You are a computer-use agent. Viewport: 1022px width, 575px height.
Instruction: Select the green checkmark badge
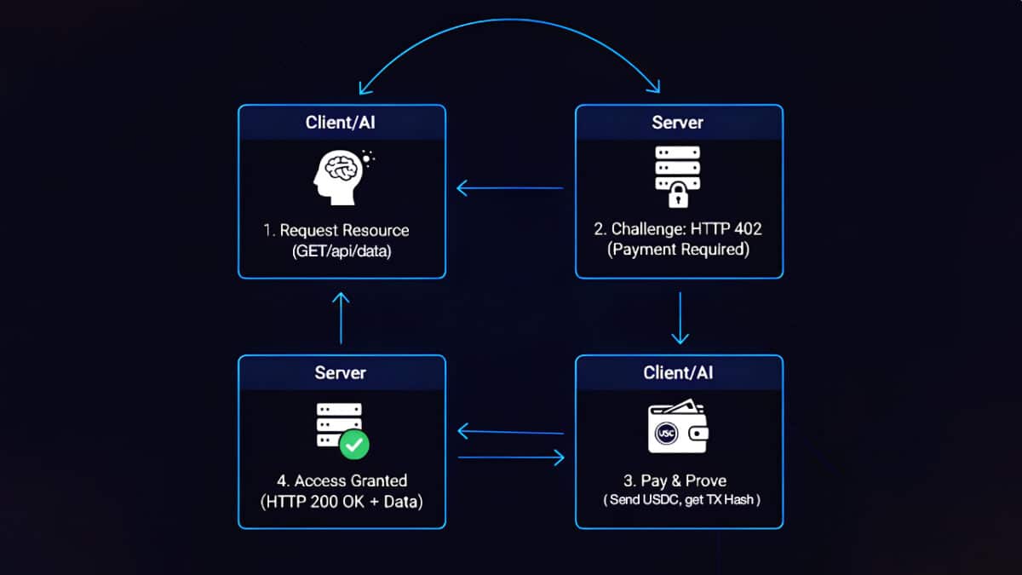(354, 444)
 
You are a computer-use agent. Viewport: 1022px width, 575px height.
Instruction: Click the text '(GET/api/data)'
(342, 251)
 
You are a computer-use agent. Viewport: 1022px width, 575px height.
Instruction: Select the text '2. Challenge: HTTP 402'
(679, 230)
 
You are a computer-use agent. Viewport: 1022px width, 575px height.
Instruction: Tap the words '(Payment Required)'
(679, 250)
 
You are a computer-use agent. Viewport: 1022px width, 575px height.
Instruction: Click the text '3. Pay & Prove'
(679, 481)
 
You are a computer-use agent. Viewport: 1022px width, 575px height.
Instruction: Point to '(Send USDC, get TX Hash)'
(679, 501)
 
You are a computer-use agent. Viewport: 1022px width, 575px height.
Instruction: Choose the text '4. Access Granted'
(342, 480)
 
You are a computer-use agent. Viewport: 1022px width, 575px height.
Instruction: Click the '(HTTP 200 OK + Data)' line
(342, 501)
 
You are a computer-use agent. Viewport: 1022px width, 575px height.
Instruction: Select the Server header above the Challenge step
(679, 123)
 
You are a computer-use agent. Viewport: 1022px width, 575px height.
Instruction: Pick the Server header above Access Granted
(342, 373)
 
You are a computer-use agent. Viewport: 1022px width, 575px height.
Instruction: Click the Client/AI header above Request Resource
(342, 123)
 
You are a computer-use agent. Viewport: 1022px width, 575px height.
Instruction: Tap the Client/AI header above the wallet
(679, 373)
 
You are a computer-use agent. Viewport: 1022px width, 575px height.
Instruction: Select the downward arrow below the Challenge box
(680, 318)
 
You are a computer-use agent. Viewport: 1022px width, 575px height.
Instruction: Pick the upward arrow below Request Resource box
(341, 317)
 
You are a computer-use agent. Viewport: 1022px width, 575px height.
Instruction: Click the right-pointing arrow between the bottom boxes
(511, 458)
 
